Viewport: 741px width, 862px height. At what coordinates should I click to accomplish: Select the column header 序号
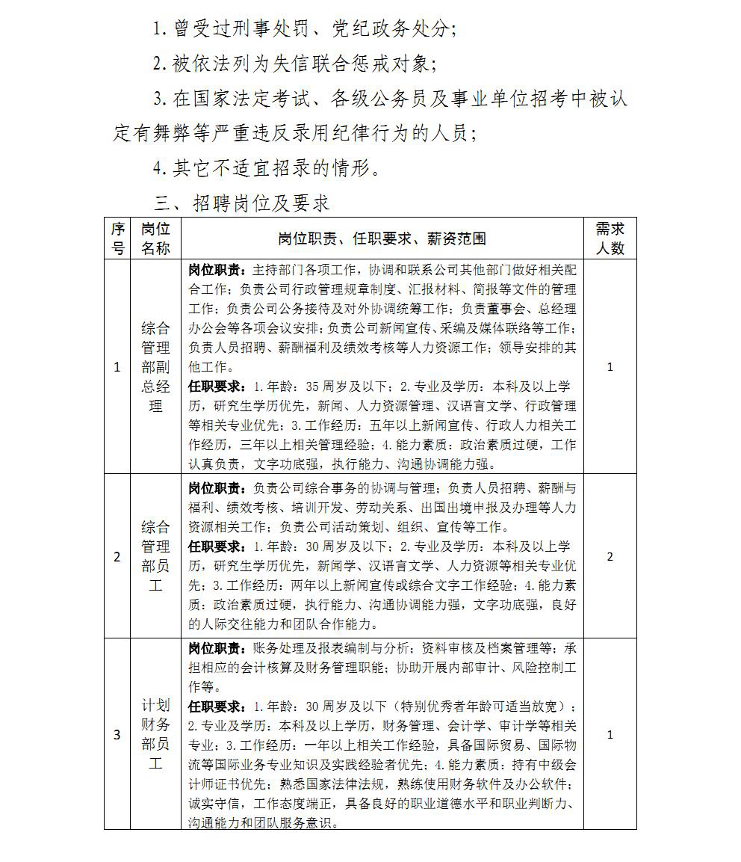click(x=117, y=238)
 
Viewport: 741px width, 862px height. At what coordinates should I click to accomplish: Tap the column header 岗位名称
click(x=155, y=238)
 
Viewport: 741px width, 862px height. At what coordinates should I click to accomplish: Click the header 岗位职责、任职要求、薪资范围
click(x=382, y=238)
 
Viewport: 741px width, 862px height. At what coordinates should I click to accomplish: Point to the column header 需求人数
click(x=610, y=238)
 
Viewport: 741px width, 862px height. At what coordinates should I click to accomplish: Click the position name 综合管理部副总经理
click(x=155, y=366)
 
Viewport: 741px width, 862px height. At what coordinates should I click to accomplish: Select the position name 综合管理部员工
click(x=155, y=556)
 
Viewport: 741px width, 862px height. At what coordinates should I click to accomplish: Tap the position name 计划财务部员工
click(x=155, y=734)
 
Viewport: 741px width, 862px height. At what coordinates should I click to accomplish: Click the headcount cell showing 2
click(x=610, y=556)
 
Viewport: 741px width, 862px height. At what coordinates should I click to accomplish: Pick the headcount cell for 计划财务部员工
click(x=610, y=734)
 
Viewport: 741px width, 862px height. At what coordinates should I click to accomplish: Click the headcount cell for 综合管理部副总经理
click(x=610, y=366)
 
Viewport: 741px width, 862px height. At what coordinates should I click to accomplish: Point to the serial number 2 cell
click(x=117, y=556)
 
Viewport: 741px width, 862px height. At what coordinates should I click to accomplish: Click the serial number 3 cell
click(x=117, y=734)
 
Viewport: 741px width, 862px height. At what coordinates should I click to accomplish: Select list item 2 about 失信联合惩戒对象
click(x=293, y=64)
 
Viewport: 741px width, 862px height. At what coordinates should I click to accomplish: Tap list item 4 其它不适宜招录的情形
click(x=267, y=167)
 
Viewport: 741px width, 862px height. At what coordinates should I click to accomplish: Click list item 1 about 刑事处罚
click(x=303, y=29)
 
